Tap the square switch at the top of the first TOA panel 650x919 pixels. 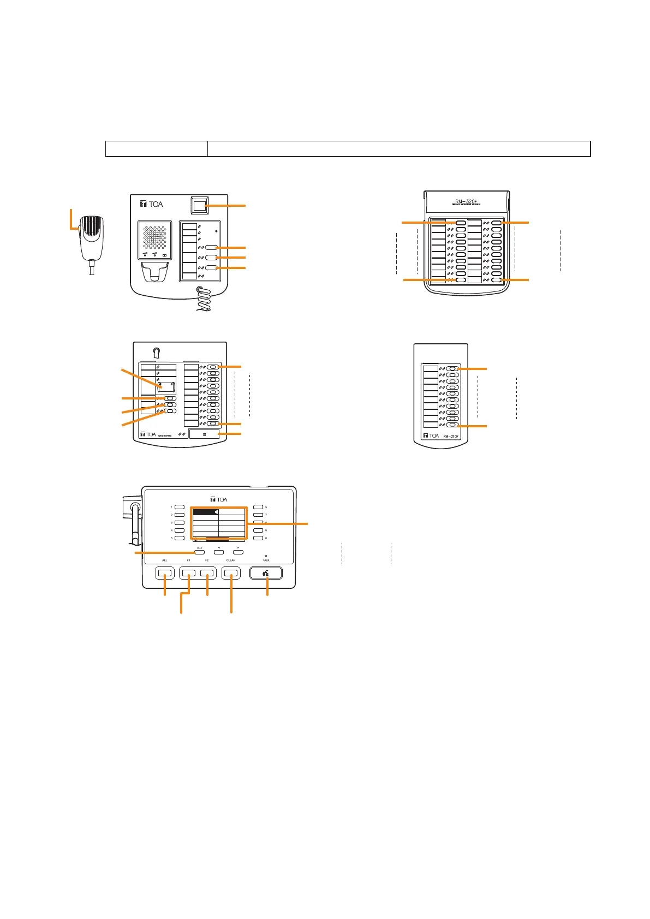coord(200,206)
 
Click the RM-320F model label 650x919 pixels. coord(467,200)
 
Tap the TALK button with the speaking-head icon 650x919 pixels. coord(266,573)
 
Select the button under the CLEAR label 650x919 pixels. coord(231,573)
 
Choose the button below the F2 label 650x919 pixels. coord(207,573)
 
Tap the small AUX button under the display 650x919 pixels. coord(200,553)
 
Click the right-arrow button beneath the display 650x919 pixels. coord(238,553)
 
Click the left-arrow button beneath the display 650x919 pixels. coord(218,553)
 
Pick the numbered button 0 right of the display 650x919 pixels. coord(258,538)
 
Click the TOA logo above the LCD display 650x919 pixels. coord(219,499)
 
